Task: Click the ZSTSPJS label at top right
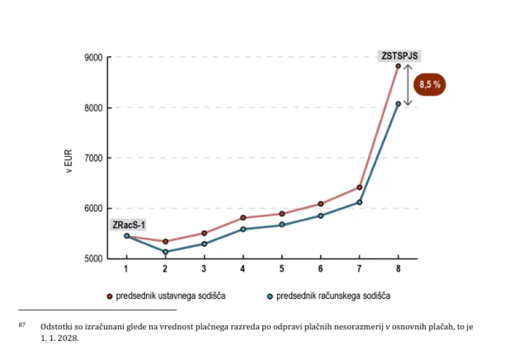point(399,56)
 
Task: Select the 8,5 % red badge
point(430,85)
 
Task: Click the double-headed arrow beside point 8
point(408,85)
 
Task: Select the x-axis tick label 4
point(243,269)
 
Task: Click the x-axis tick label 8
point(398,269)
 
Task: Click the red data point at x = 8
point(398,66)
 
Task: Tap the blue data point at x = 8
point(398,104)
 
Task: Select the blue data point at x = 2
point(165,252)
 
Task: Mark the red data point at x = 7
point(359,188)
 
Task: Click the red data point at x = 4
point(243,218)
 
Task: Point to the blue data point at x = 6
point(321,215)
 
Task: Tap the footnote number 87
point(22,325)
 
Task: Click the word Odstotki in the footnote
point(55,327)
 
